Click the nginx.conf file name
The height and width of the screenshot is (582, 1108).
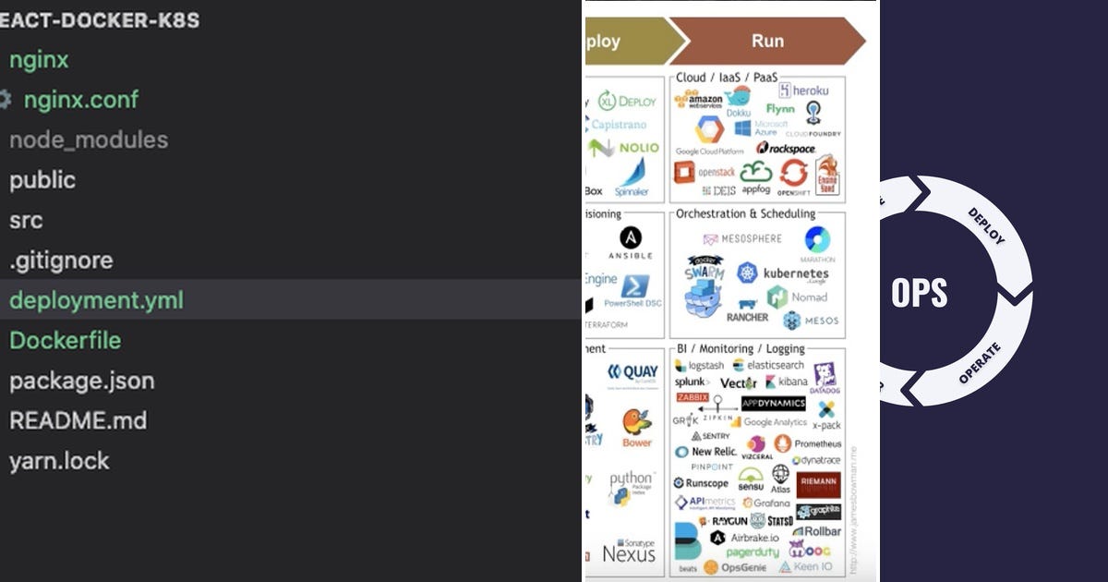click(81, 100)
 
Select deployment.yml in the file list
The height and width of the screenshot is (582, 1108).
click(96, 300)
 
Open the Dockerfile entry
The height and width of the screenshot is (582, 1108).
click(65, 340)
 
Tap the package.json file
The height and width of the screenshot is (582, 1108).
click(81, 381)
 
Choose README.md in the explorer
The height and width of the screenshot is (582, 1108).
click(78, 420)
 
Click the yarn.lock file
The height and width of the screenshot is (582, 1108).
click(59, 460)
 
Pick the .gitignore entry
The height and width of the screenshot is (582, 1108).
click(61, 261)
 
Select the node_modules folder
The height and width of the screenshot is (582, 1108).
click(89, 140)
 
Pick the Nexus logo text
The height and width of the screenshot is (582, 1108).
click(629, 554)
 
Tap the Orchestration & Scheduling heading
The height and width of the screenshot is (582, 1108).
click(745, 213)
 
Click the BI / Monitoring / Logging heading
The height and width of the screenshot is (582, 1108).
click(741, 348)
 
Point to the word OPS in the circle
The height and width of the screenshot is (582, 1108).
click(919, 293)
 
